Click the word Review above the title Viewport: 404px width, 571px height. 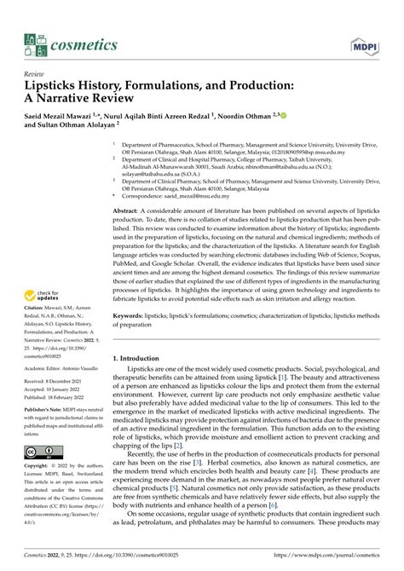click(x=35, y=73)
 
